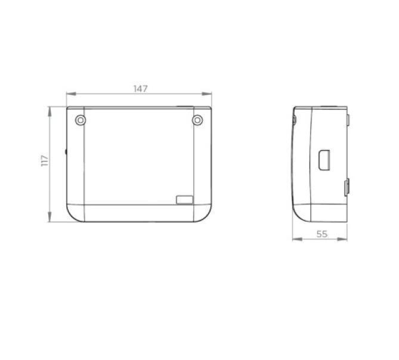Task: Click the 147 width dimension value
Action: [141, 89]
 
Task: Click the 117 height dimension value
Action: [45, 161]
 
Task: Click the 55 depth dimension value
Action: [322, 234]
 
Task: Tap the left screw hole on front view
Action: [81, 120]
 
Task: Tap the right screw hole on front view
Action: [197, 120]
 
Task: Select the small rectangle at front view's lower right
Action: [184, 200]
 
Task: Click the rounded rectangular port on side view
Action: [324, 160]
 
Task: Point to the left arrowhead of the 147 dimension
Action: [71, 94]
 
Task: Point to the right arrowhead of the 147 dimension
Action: [206, 94]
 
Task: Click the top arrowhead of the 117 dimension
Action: [50, 111]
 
